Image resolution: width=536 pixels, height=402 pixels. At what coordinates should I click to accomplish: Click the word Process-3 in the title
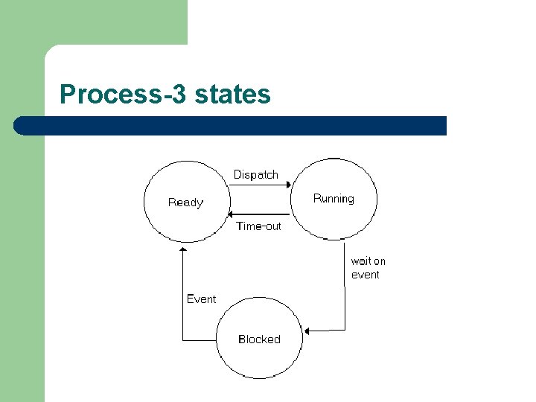(124, 95)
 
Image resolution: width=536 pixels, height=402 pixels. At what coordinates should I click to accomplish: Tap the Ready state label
(185, 202)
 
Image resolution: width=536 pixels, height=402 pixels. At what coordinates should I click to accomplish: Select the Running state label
(334, 199)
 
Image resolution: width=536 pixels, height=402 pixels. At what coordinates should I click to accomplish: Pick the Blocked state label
(259, 339)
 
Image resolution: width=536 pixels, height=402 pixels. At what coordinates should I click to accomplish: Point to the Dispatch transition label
(255, 175)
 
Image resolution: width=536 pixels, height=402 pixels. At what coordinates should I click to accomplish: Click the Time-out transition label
(258, 226)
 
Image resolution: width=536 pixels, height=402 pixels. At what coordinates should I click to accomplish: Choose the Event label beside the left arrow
(201, 299)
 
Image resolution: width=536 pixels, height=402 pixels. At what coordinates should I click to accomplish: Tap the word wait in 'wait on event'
(361, 261)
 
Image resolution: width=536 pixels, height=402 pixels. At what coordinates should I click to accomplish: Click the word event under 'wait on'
(366, 275)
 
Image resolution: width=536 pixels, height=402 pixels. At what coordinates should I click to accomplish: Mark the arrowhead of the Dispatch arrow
(287, 187)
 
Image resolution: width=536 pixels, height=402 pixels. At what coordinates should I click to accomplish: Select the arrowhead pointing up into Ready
(183, 251)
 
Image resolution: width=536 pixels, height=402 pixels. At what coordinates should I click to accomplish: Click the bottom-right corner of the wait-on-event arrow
(345, 330)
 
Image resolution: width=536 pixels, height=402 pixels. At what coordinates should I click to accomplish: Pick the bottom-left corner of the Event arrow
(183, 340)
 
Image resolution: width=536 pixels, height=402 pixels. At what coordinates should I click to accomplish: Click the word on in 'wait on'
(379, 261)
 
